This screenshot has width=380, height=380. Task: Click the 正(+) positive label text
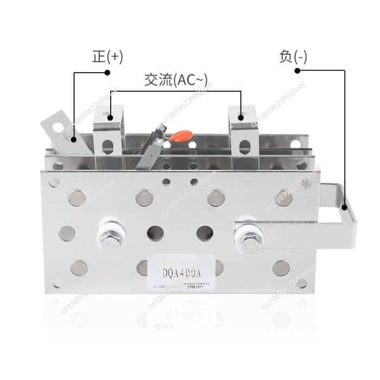tap(107, 57)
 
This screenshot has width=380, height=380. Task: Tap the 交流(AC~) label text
tap(175, 80)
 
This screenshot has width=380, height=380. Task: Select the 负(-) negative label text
tap(293, 57)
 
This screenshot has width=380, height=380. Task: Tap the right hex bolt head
tap(249, 236)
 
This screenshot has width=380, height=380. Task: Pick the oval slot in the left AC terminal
tap(108, 146)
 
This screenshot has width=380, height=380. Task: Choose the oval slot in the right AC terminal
tap(245, 147)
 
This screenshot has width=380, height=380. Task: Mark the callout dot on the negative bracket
tap(345, 206)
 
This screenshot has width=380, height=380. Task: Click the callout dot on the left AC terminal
tap(110, 116)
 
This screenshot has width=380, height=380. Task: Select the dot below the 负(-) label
tap(297, 70)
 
